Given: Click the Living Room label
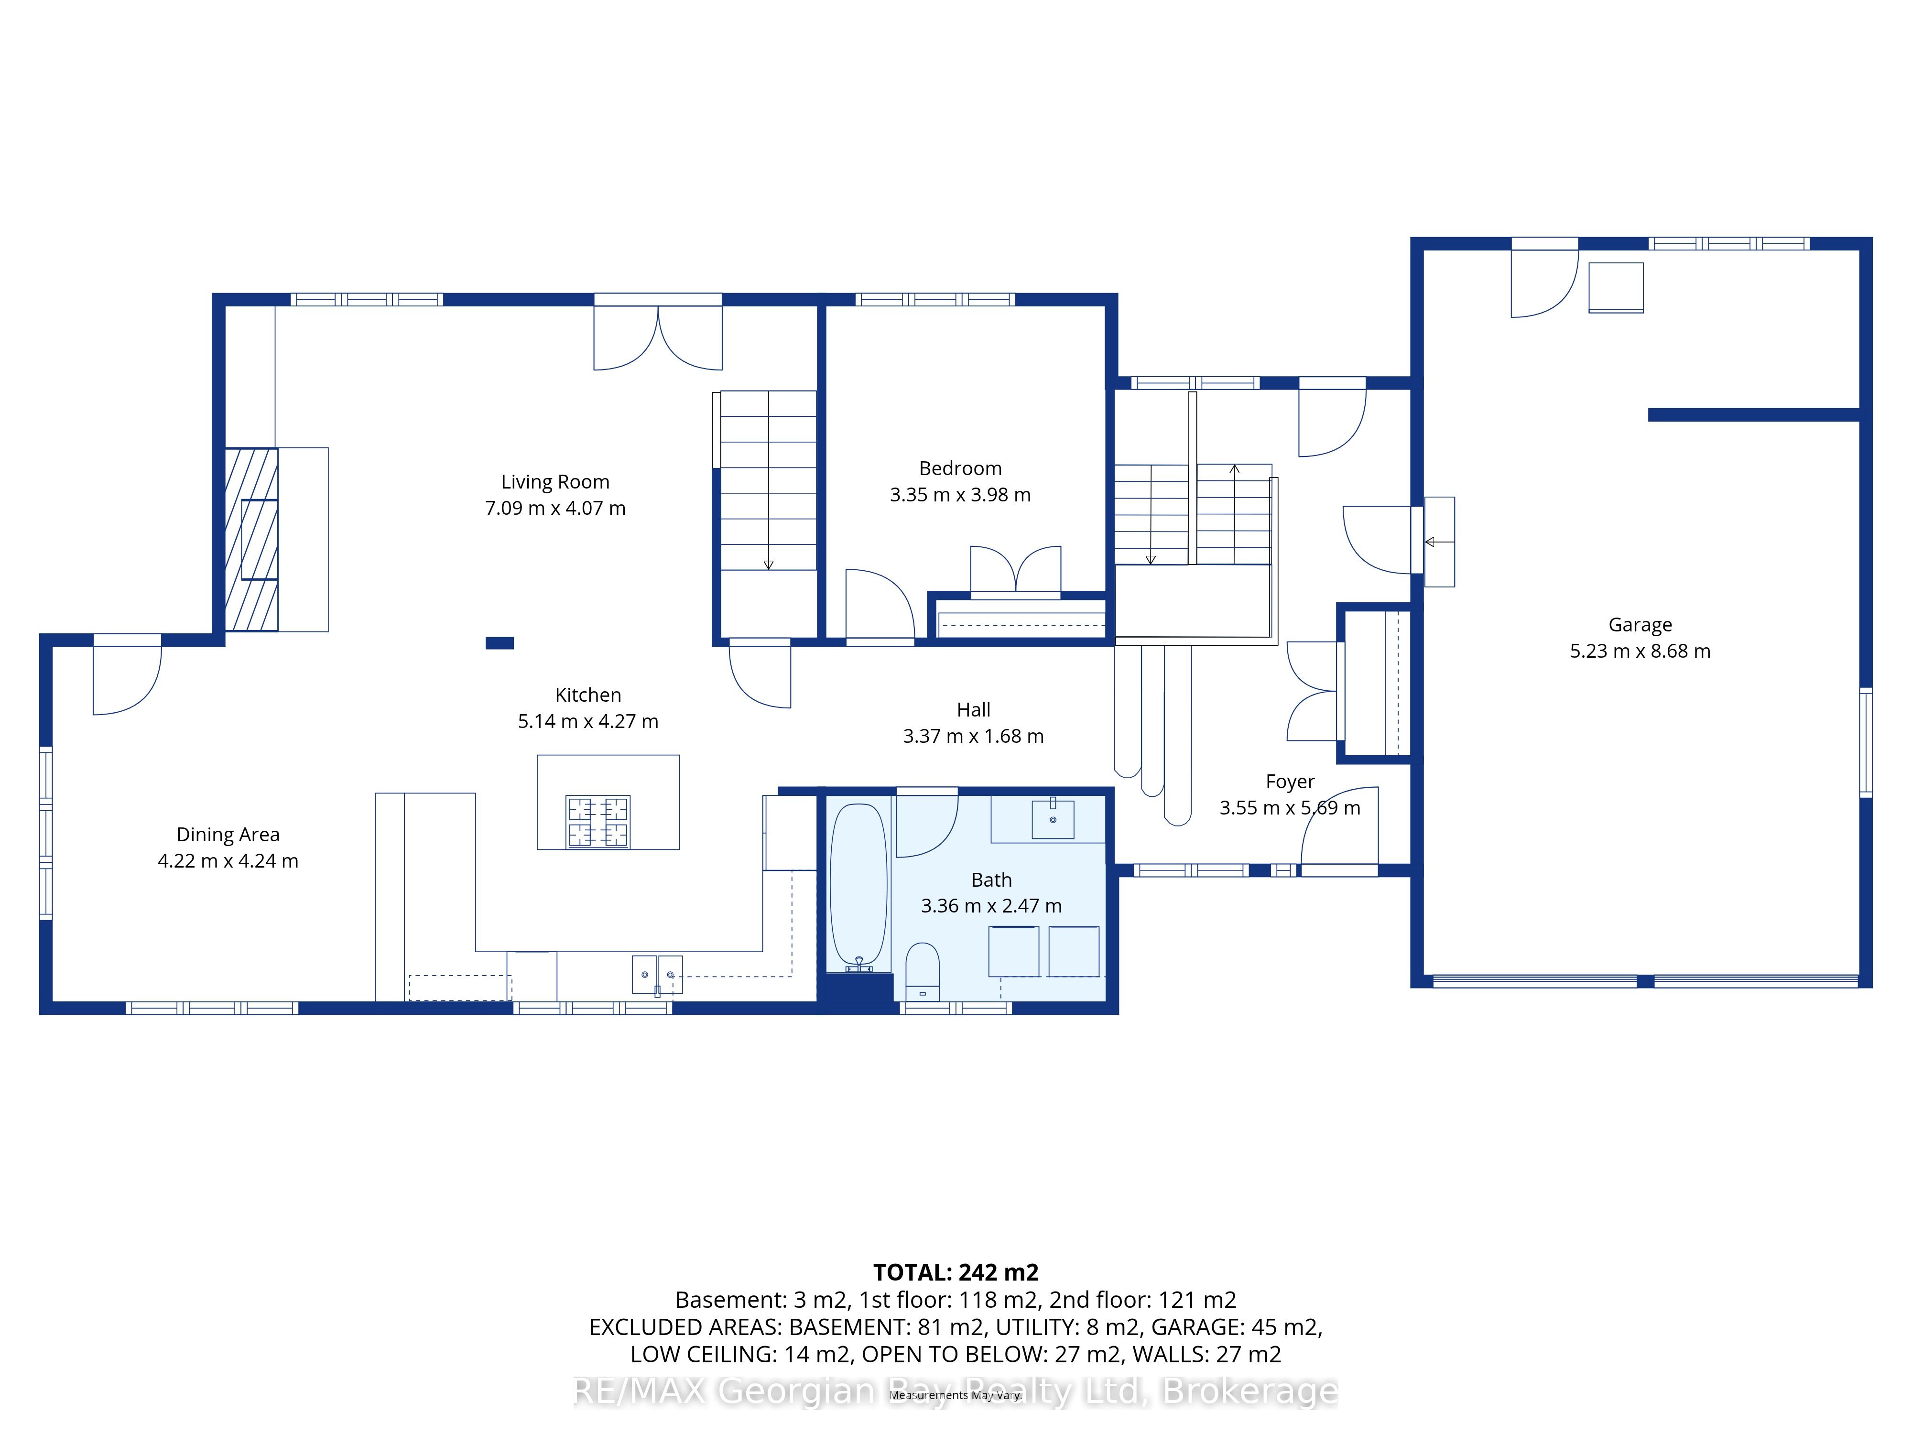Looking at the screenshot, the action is [x=555, y=481].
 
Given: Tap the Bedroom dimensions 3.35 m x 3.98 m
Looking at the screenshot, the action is [x=960, y=494].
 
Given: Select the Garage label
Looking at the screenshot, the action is [x=1640, y=624].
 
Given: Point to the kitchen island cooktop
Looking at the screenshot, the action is [x=597, y=821].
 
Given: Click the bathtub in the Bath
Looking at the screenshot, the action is [x=858, y=887].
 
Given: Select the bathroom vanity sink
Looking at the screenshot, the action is [x=1053, y=818].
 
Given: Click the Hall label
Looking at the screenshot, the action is [x=973, y=710].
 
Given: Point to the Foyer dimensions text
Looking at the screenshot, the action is [x=1290, y=807].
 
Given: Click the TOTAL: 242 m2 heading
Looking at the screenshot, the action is [x=956, y=1272].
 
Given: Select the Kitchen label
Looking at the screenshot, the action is [x=588, y=695].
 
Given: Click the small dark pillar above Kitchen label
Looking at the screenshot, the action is [x=500, y=643].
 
